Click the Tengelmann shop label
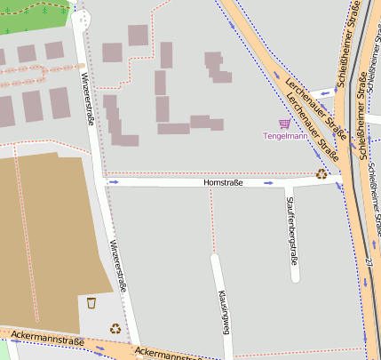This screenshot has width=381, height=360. [285, 136]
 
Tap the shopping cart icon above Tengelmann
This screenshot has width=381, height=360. [284, 124]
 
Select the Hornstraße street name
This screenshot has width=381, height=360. [223, 182]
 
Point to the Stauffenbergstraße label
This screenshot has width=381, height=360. [291, 229]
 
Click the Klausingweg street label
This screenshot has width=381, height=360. [225, 311]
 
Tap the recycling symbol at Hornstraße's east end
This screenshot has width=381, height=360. [321, 174]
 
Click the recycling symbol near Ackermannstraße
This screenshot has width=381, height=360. [115, 328]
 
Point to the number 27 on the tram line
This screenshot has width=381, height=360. [367, 262]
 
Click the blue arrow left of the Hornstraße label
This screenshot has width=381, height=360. [113, 181]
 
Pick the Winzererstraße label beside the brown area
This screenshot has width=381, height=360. [117, 266]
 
